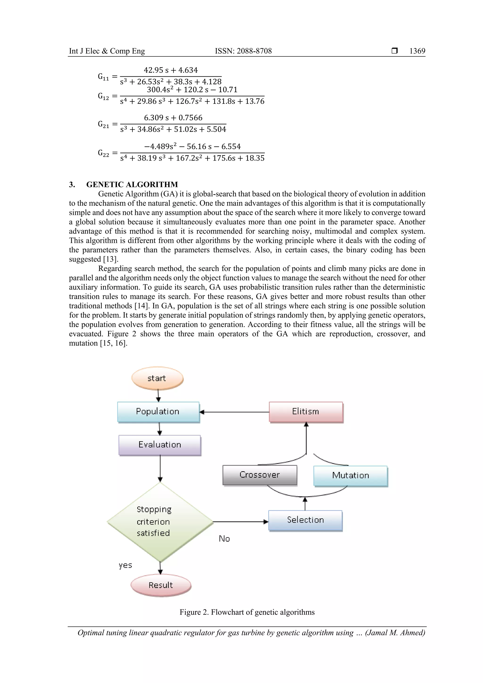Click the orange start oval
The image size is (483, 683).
click(x=157, y=378)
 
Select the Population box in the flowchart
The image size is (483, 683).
click(x=158, y=412)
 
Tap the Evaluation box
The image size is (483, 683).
click(x=160, y=445)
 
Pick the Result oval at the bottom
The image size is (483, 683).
click(x=161, y=585)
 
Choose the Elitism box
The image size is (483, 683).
click(x=306, y=412)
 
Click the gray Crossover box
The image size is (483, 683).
click(x=260, y=475)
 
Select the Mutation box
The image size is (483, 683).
click(x=350, y=475)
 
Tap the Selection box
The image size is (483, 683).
click(x=305, y=520)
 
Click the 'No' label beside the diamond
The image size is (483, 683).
click(x=224, y=539)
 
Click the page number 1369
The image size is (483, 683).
click(x=417, y=51)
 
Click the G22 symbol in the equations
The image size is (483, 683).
click(x=104, y=153)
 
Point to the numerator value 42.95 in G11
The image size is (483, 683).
click(x=154, y=70)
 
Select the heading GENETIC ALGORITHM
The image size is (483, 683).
click(x=132, y=184)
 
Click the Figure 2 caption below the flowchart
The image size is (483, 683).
click(x=247, y=612)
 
